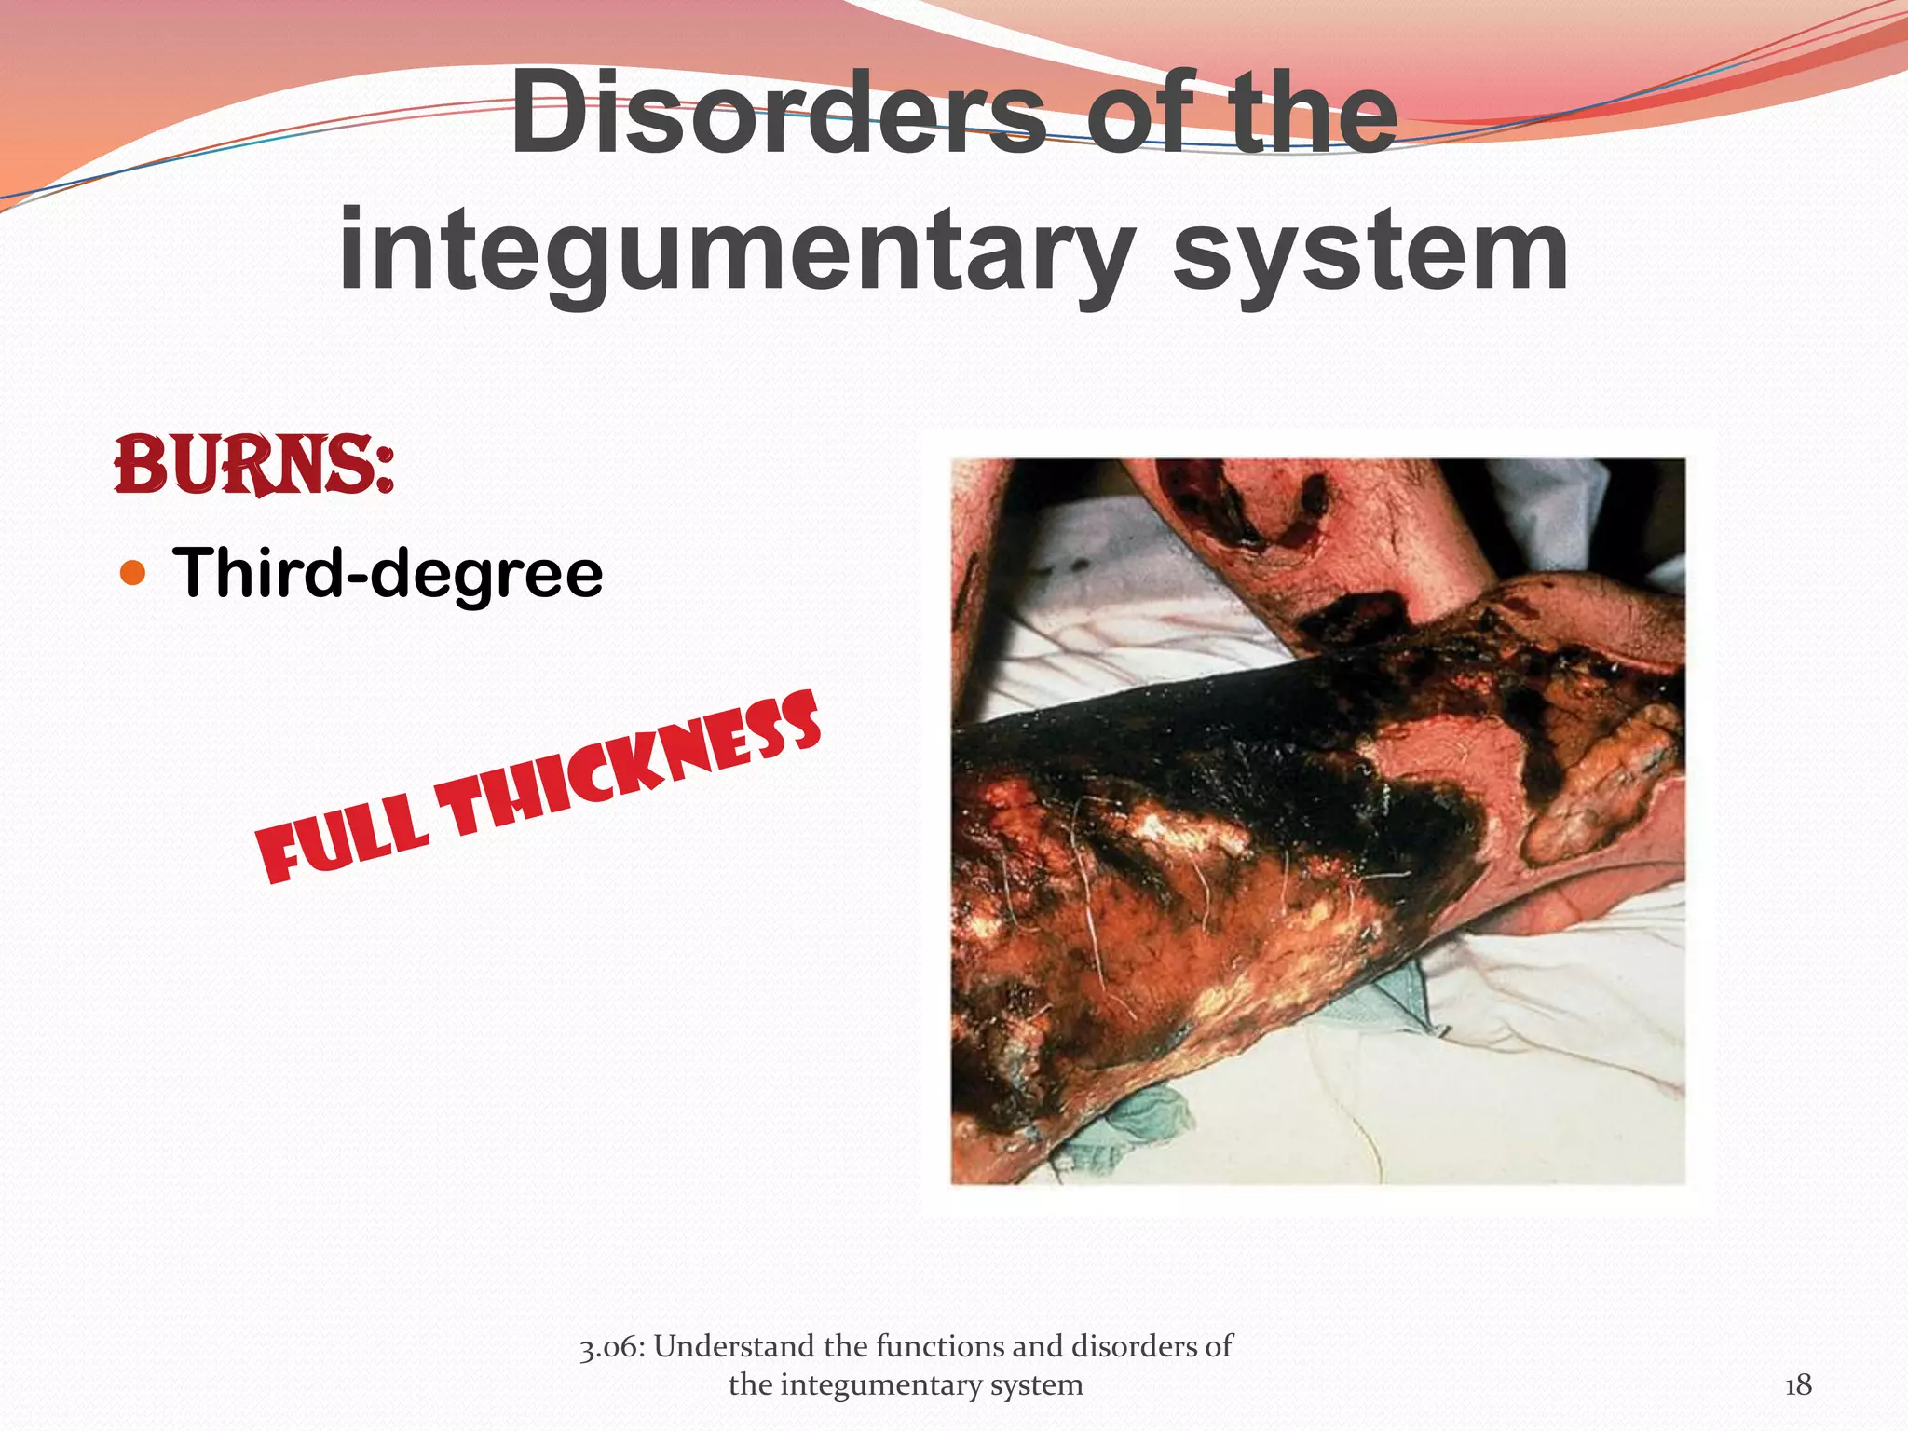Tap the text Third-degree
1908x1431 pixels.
pyautogui.click(x=388, y=572)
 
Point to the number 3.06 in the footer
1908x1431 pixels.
pyautogui.click(x=614, y=1347)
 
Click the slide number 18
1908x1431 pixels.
pyautogui.click(x=1798, y=1385)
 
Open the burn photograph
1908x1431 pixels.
pyautogui.click(x=1317, y=821)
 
